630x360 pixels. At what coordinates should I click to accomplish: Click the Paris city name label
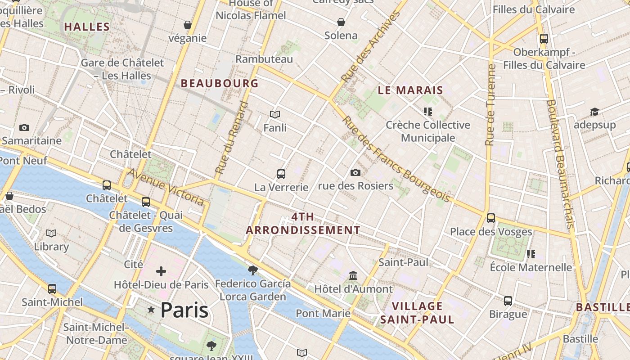coord(184,310)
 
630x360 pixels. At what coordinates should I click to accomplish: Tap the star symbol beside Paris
coord(151,310)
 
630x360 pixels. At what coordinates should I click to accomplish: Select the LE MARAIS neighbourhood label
coord(410,90)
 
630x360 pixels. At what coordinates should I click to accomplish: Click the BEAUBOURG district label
coord(220,83)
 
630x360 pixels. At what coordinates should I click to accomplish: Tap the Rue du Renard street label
coord(231,138)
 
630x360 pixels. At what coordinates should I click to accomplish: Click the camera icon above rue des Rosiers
coord(355,172)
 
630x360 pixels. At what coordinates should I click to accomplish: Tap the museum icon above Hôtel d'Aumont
coord(353,275)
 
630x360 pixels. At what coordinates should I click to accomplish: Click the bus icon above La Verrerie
coord(281,174)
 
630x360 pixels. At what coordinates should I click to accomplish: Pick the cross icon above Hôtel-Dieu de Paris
coord(161,271)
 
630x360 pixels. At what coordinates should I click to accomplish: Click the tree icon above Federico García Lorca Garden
coord(252,270)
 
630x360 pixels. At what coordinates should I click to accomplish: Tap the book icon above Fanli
coord(275,115)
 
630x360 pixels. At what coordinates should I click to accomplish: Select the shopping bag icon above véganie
coord(187,24)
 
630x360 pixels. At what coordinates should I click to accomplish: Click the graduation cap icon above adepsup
coord(594,112)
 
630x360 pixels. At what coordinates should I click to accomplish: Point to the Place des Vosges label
coord(491,232)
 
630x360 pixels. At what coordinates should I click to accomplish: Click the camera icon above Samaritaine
coord(24,127)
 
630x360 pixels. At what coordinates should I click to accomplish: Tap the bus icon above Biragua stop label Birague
coord(508,301)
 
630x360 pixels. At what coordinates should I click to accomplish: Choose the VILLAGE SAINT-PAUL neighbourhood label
coord(417,313)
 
